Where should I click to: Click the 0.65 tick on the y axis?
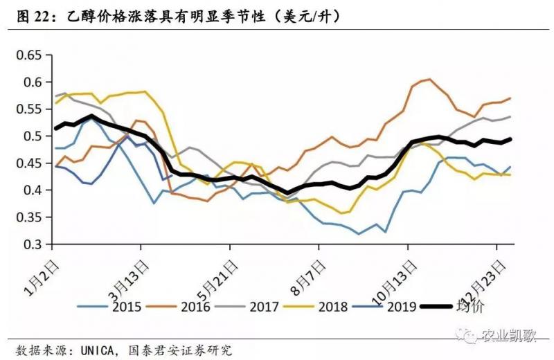coord(29,55)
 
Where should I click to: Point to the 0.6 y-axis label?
coord(32,82)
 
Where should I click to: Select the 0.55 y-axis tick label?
coord(29,109)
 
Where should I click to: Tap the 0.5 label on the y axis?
coord(32,136)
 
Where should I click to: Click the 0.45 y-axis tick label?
coord(29,163)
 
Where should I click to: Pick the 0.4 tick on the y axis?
coord(32,190)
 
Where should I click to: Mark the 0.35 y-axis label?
coord(29,217)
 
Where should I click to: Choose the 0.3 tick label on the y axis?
coord(32,244)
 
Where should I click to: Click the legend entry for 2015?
coord(110,306)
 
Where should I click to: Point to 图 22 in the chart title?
coord(35,17)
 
